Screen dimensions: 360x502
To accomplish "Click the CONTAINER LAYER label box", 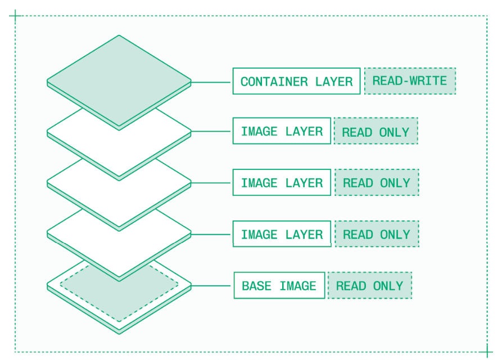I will click(296, 81).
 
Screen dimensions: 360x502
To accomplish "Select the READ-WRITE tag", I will click(410, 81).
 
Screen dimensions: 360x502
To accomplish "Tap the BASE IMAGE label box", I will click(279, 286).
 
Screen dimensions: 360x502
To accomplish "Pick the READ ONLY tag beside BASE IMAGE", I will click(369, 286).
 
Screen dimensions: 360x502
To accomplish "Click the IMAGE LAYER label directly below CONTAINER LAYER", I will click(282, 131).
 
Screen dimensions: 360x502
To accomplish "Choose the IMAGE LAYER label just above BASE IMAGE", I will click(282, 234).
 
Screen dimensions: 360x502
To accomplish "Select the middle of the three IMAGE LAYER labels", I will click(282, 183).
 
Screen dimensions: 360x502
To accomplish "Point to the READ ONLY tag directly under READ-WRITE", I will click(376, 131).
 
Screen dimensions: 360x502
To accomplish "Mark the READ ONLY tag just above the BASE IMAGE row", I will click(377, 234).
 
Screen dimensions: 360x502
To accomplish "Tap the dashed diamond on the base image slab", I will click(119, 304).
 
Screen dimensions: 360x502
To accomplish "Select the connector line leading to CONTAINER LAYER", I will click(212, 82).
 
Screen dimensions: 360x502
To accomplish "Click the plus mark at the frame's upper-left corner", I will click(15, 16).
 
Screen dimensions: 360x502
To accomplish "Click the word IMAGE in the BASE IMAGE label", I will click(297, 286).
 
